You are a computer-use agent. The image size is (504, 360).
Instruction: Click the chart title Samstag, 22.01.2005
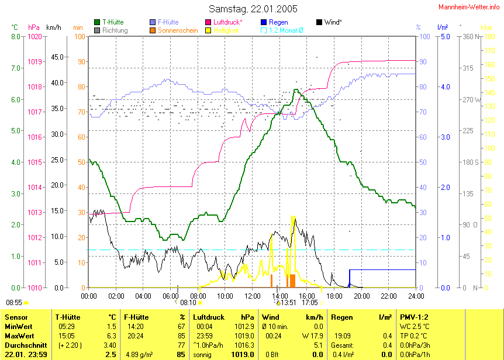253,9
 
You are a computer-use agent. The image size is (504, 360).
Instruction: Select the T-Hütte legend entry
112,22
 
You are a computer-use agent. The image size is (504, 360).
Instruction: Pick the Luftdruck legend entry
227,22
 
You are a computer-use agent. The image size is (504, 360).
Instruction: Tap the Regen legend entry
278,22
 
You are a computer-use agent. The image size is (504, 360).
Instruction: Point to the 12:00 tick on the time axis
252,296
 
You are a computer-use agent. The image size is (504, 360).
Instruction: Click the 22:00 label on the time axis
388,296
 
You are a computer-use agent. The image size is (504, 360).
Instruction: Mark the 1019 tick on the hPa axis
35,61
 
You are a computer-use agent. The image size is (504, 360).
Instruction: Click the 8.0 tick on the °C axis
16,36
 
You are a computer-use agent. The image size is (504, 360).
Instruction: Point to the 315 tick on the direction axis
468,68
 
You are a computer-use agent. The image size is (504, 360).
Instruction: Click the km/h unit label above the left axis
53,27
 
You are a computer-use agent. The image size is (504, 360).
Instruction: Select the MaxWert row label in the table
18,335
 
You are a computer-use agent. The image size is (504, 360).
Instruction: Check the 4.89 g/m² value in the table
137,354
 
